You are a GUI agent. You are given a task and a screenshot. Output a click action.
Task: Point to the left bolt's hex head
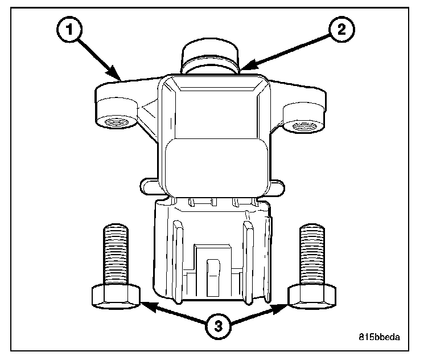click(116, 297)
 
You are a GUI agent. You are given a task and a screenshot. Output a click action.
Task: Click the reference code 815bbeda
click(380, 336)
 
